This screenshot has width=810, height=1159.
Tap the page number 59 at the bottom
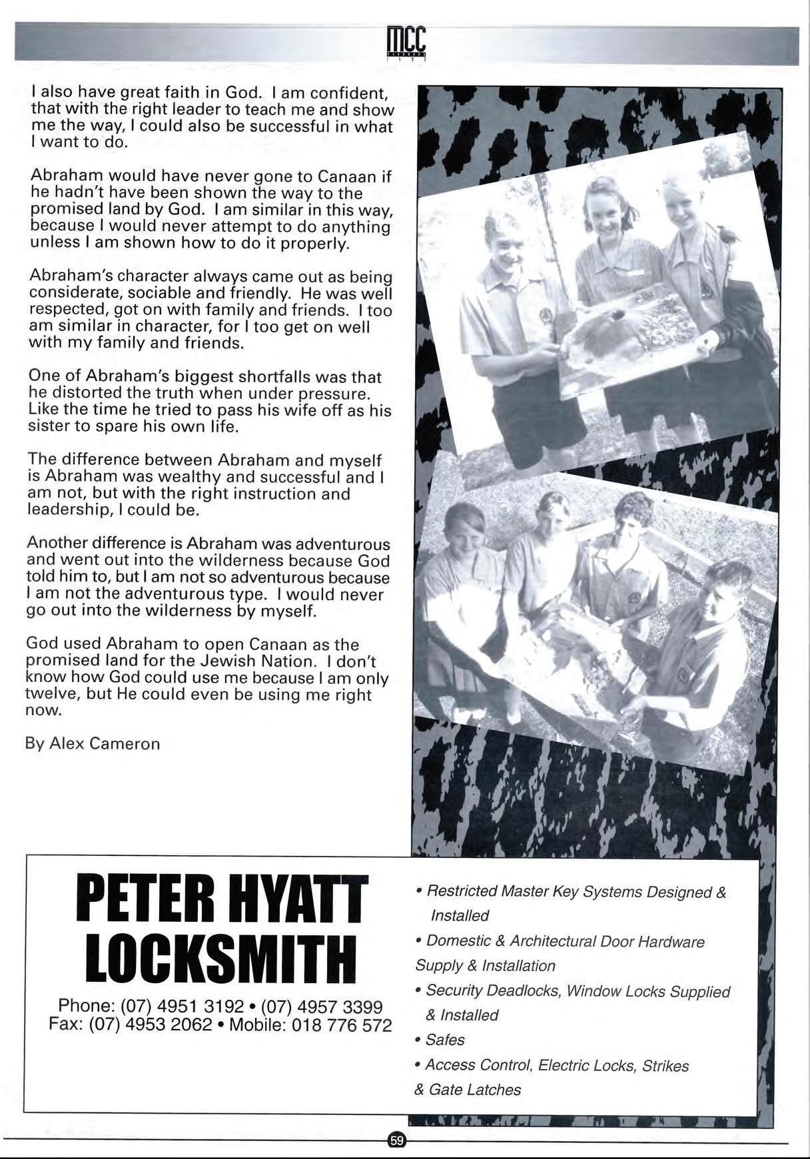[397, 1140]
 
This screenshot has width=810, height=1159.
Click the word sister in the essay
[48, 426]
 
